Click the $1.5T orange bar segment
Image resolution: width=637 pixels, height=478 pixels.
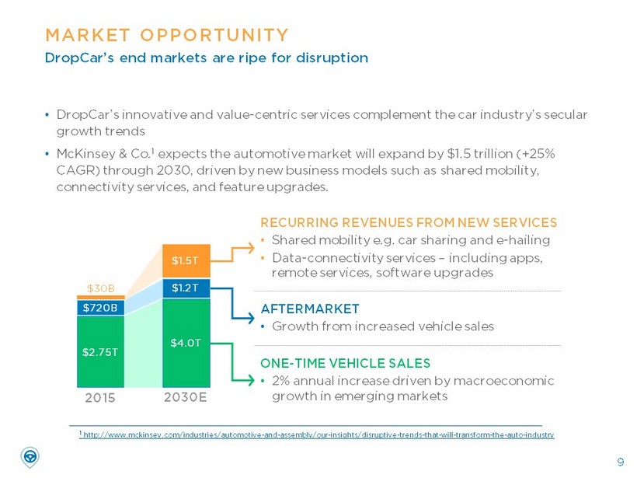[x=186, y=260]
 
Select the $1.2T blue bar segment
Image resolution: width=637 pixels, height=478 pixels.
[x=186, y=288]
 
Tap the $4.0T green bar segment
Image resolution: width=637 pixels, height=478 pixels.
[x=186, y=343]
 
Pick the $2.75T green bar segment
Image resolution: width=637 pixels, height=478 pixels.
[x=99, y=351]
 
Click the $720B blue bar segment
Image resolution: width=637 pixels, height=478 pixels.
[x=99, y=307]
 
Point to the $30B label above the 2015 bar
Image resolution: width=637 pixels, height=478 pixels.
[x=99, y=289]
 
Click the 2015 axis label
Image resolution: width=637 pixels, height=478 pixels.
[x=99, y=398]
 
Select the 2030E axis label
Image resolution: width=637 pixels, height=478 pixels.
[x=186, y=398]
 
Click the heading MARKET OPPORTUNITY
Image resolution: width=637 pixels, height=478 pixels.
[x=167, y=35]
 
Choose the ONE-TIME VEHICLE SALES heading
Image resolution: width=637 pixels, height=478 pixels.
[x=345, y=363]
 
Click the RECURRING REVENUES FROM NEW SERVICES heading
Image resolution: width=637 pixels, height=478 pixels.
[x=409, y=222]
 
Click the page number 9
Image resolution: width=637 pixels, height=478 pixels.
[x=620, y=462]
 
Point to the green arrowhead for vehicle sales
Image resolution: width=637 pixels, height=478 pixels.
[x=250, y=380]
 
